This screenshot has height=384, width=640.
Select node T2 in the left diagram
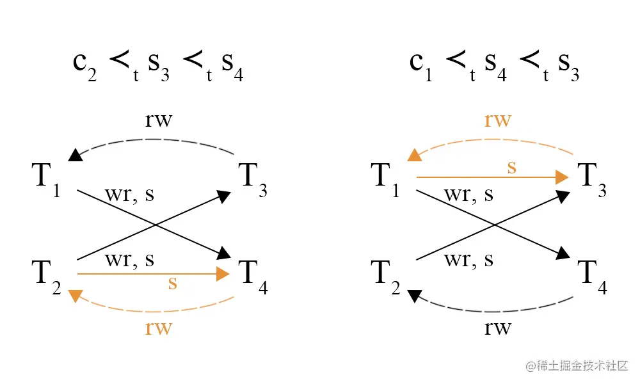coord(45,275)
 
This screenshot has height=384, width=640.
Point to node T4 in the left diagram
coord(253,275)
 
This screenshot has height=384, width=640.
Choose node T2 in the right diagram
coord(385,275)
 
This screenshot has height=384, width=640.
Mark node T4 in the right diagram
coord(592,275)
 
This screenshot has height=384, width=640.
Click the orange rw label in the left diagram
coord(158,328)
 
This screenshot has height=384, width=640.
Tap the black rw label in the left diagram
coord(158,120)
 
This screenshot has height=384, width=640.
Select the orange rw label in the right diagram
coord(497,120)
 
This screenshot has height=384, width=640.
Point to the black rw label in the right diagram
coord(497,328)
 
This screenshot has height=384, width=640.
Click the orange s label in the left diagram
coord(172,283)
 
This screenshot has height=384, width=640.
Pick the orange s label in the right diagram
coord(511,168)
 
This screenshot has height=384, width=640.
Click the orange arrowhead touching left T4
coord(223,274)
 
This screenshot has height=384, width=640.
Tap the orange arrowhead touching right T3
coord(562,177)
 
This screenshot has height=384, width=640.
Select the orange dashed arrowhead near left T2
coord(76,295)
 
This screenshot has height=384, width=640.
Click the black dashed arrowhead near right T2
coord(415,295)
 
